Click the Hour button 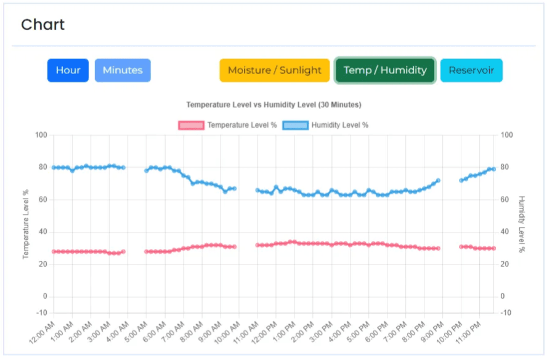coord(68,70)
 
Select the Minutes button coord(123,70)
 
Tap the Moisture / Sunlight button coord(275,70)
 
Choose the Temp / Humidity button coord(385,70)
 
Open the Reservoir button coord(471,70)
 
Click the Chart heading coord(43,25)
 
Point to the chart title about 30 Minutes coord(273,105)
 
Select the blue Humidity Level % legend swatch coord(296,125)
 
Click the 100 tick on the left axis coord(41,135)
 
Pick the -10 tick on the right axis coord(506,313)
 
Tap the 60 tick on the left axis coord(43,200)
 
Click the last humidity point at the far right coord(493,169)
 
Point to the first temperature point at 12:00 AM coord(54,252)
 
